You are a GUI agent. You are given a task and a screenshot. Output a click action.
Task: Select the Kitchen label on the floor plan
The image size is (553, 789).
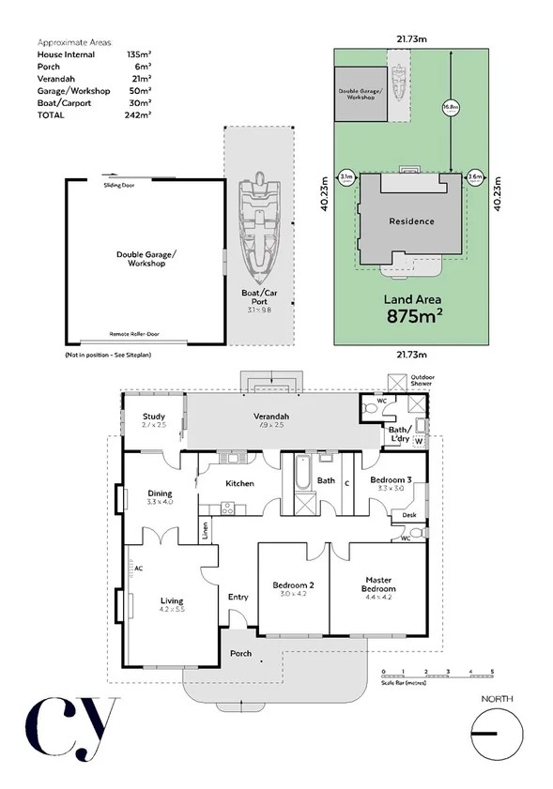(240, 483)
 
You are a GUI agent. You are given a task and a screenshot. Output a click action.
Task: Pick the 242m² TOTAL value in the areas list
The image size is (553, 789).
(138, 114)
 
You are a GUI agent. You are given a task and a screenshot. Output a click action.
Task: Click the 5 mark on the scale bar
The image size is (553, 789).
(492, 672)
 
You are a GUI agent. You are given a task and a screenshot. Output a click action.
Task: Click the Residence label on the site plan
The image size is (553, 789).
(411, 221)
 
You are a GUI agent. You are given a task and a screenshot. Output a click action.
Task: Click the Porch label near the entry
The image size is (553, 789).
(240, 653)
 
